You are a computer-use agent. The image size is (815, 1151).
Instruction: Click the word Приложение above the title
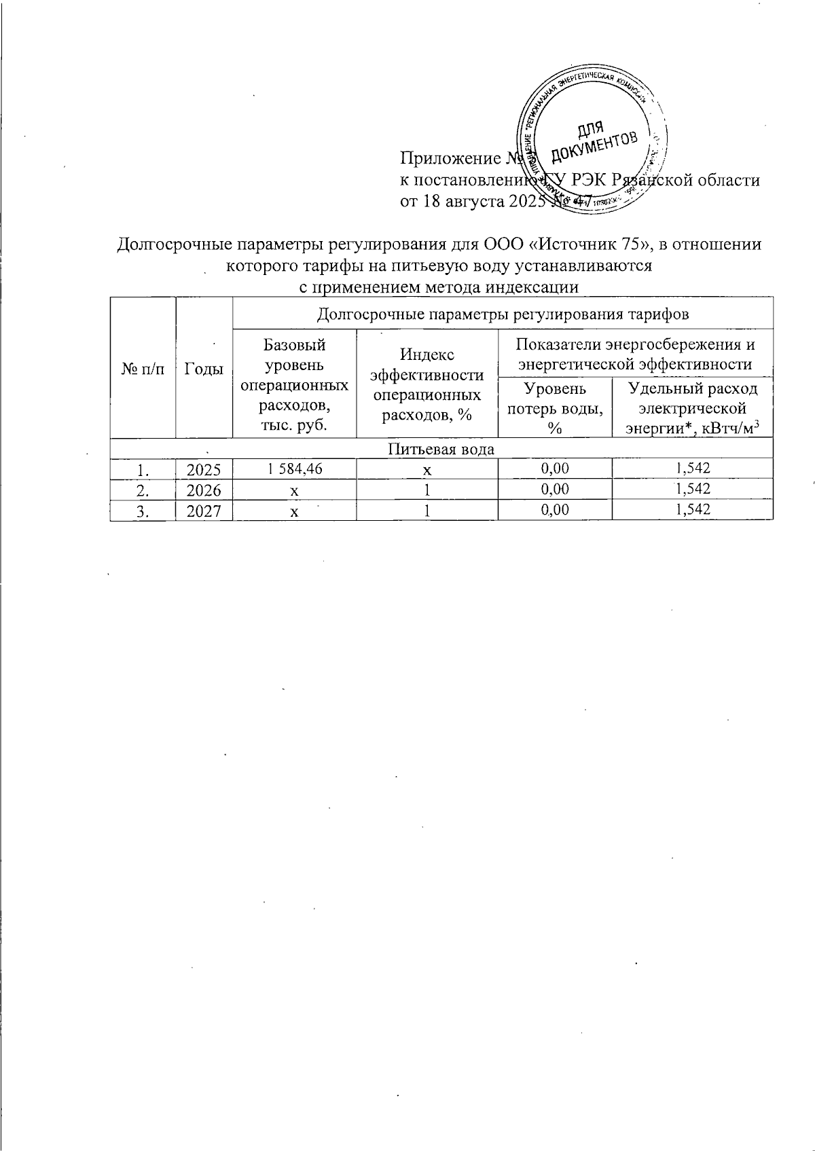(x=448, y=159)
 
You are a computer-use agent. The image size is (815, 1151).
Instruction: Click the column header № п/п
(x=143, y=368)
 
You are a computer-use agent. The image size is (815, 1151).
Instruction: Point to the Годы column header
(x=204, y=368)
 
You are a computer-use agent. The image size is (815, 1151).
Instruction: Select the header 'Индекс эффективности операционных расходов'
(x=427, y=384)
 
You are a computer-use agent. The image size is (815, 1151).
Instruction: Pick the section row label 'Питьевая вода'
(x=441, y=449)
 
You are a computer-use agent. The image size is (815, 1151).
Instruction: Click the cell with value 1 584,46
(x=295, y=468)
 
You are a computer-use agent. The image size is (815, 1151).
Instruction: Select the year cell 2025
(x=204, y=469)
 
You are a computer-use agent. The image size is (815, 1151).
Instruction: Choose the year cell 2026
(x=204, y=490)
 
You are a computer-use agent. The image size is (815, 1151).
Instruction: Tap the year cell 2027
(x=204, y=511)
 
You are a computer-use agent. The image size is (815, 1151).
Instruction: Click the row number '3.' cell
(x=143, y=511)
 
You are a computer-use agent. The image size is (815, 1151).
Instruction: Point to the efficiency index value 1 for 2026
(x=427, y=490)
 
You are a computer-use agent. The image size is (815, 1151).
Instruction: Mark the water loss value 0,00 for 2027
(x=555, y=510)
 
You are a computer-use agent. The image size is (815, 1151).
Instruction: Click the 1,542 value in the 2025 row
(x=692, y=468)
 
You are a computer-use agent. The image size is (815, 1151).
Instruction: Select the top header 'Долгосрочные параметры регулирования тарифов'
(x=503, y=314)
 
